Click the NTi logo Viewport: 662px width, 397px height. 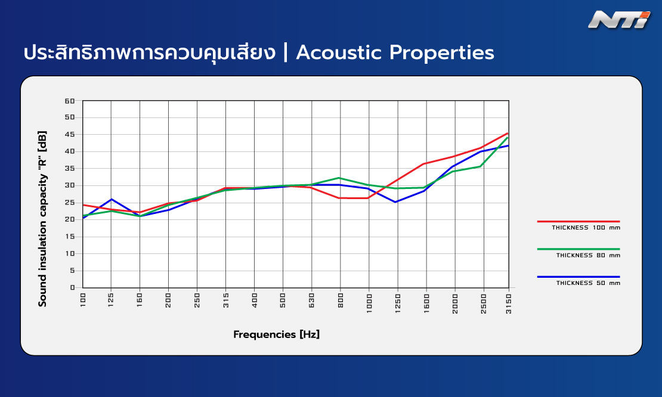619,20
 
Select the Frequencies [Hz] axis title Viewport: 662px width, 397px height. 277,334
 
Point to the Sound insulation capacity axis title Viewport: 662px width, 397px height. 42,219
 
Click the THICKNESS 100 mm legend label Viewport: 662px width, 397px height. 586,227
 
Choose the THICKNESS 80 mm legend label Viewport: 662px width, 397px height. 588,255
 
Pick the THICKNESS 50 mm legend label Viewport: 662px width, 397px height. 588,283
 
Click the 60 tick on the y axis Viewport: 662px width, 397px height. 70,101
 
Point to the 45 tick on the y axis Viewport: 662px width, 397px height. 70,135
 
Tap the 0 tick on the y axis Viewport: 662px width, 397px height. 73,288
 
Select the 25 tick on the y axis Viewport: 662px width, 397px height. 70,203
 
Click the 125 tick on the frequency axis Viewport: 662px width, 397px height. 111,300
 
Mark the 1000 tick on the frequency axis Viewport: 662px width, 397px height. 369,303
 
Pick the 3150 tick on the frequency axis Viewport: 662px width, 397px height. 508,303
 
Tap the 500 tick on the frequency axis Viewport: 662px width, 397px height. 283,300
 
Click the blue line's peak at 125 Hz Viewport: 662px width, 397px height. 112,199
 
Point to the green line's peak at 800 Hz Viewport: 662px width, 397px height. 339,178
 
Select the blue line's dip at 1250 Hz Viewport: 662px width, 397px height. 395,202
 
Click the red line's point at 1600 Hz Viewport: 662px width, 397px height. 425,164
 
